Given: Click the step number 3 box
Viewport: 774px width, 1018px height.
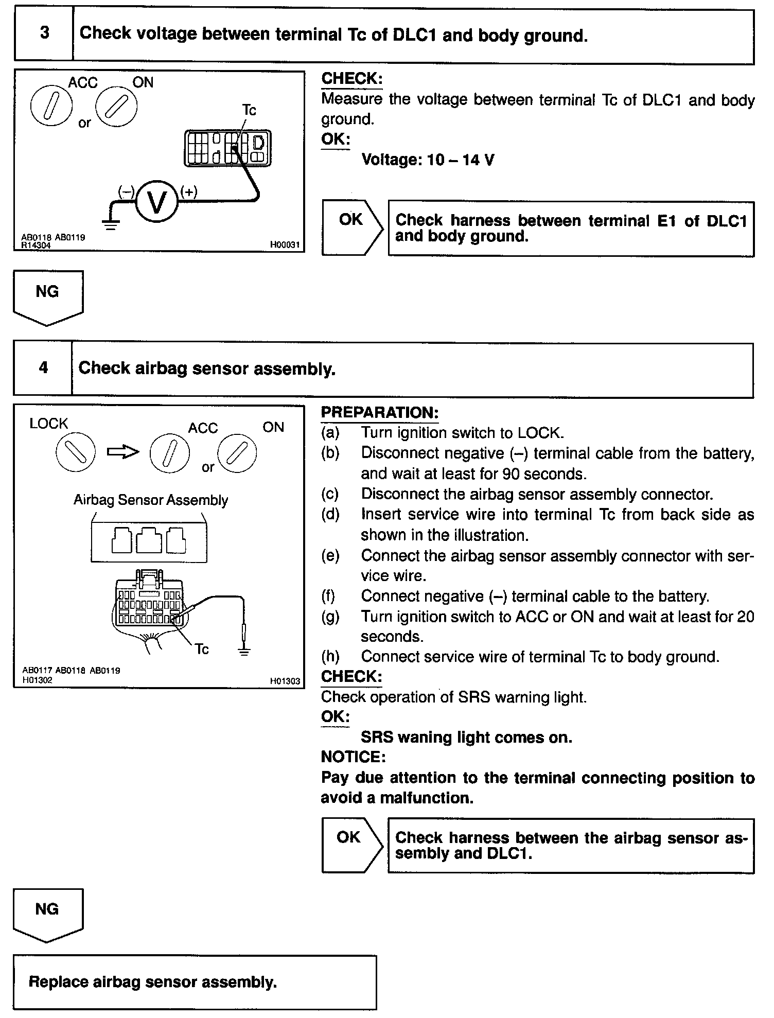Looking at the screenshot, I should pos(44,34).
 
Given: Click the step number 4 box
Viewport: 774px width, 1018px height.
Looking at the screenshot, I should pos(43,368).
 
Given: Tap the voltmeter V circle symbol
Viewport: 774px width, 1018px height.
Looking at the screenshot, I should pos(157,202).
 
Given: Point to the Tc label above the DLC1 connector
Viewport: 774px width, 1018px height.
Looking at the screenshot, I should pos(249,110).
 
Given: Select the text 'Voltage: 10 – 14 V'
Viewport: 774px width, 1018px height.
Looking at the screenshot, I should pos(428,160).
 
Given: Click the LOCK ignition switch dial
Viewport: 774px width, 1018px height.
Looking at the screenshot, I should pos(76,452).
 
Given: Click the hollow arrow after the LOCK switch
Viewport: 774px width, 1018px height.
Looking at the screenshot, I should pos(123,452).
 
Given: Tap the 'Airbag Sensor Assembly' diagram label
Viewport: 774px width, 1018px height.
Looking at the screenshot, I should pos(150,500).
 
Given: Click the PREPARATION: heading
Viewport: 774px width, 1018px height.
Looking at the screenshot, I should pos(380,413).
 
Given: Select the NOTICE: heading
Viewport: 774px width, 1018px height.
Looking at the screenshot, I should pos(353,757).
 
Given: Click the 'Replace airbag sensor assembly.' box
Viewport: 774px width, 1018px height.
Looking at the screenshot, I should pos(195,982).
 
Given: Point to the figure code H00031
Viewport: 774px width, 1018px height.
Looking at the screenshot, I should pos(285,245).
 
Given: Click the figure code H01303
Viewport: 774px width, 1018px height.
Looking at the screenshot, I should pos(285,681).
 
